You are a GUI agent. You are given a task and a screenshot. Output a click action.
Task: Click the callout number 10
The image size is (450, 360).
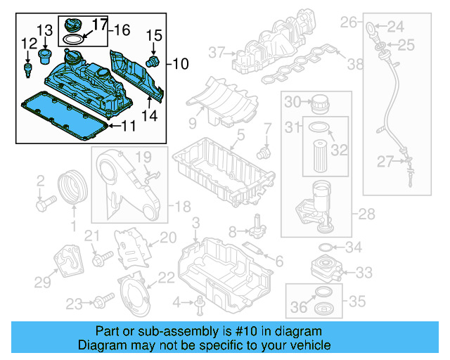tap(181, 64)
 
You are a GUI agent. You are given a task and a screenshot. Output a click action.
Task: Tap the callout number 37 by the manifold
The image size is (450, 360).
tap(216, 52)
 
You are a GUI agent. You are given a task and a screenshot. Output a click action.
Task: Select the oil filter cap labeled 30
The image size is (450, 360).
tap(319, 103)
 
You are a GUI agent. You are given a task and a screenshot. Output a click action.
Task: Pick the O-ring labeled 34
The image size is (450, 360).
tap(326, 247)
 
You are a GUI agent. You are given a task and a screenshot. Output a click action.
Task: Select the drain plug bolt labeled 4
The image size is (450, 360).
tap(200, 302)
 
